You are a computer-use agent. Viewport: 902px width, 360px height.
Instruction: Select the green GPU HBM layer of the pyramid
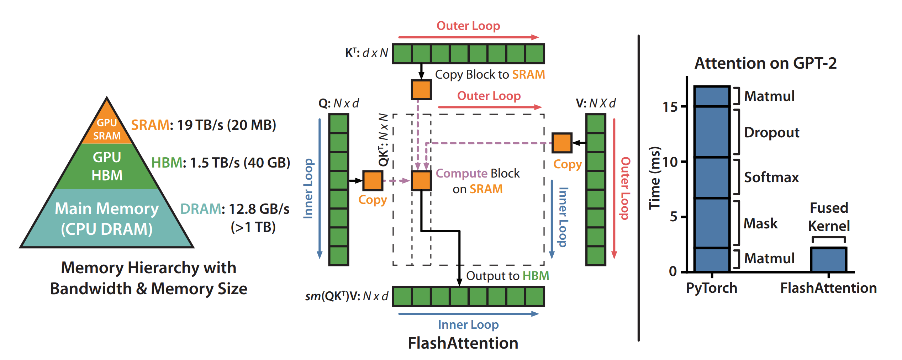107,166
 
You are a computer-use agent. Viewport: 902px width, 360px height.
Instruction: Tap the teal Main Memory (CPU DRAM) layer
107,218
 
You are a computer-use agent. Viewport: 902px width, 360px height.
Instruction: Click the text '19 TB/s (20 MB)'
226,125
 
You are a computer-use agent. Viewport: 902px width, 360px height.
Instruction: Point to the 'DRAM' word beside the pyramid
200,209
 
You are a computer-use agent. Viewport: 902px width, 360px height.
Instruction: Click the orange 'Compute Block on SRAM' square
421,181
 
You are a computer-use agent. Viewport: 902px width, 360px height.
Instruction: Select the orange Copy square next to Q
373,181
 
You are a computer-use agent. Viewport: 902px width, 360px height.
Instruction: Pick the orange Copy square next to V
562,143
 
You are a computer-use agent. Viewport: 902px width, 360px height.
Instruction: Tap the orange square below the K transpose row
421,90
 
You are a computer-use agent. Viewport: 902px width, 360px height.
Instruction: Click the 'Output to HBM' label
507,276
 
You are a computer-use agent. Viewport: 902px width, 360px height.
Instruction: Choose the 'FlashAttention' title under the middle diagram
463,343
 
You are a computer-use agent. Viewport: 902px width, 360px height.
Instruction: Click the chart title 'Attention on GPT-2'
765,63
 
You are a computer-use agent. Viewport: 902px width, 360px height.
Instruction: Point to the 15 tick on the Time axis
670,107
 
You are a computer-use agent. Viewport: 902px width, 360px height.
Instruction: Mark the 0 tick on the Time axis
673,271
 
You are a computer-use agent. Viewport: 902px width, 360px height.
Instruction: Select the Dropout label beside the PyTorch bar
771,133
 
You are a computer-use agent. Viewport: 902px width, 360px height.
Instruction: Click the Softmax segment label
771,177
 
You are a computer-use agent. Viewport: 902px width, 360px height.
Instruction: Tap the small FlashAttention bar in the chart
828,260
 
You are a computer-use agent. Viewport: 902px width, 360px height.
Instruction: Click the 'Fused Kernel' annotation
829,217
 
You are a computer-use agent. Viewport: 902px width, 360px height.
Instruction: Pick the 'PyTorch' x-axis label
712,288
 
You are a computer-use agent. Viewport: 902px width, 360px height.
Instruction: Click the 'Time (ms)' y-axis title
655,178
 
